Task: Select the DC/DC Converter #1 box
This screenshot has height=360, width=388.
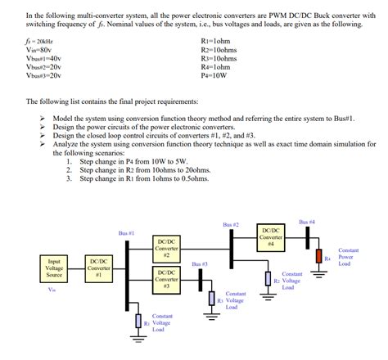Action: click(100, 268)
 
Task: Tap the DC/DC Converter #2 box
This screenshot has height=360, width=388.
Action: click(165, 249)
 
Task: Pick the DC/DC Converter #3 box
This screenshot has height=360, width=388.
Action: click(165, 279)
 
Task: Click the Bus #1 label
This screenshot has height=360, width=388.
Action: click(126, 233)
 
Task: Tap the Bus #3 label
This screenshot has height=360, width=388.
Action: click(200, 264)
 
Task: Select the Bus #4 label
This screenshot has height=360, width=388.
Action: click(307, 222)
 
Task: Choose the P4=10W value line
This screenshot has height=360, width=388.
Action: click(215, 78)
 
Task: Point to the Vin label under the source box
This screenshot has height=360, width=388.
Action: click(52, 289)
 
